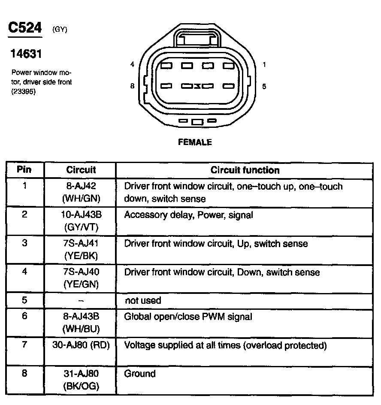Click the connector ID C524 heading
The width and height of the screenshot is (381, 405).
point(25,28)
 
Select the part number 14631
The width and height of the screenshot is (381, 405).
point(26,54)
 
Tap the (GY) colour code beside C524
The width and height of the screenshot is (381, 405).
point(60,30)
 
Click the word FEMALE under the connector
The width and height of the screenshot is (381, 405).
point(195,142)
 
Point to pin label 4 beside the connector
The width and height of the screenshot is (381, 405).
point(132,65)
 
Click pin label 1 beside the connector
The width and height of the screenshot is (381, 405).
point(264,65)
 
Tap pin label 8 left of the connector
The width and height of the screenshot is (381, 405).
point(132,86)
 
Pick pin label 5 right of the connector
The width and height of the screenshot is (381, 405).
point(264,86)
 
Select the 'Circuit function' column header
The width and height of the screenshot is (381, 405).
point(245,170)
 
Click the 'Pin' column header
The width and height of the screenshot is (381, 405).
point(24,169)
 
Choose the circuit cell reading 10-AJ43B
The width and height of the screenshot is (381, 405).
point(81,215)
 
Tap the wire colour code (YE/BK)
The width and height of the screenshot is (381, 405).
point(81,256)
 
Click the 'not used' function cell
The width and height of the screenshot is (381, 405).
point(143,301)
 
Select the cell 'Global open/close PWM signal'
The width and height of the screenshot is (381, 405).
point(188,317)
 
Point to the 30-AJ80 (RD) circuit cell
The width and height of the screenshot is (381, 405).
point(81,345)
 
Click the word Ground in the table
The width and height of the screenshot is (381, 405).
point(140,374)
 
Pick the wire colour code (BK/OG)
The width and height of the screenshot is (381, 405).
point(81,386)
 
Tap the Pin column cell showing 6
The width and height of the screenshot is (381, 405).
point(24,317)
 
